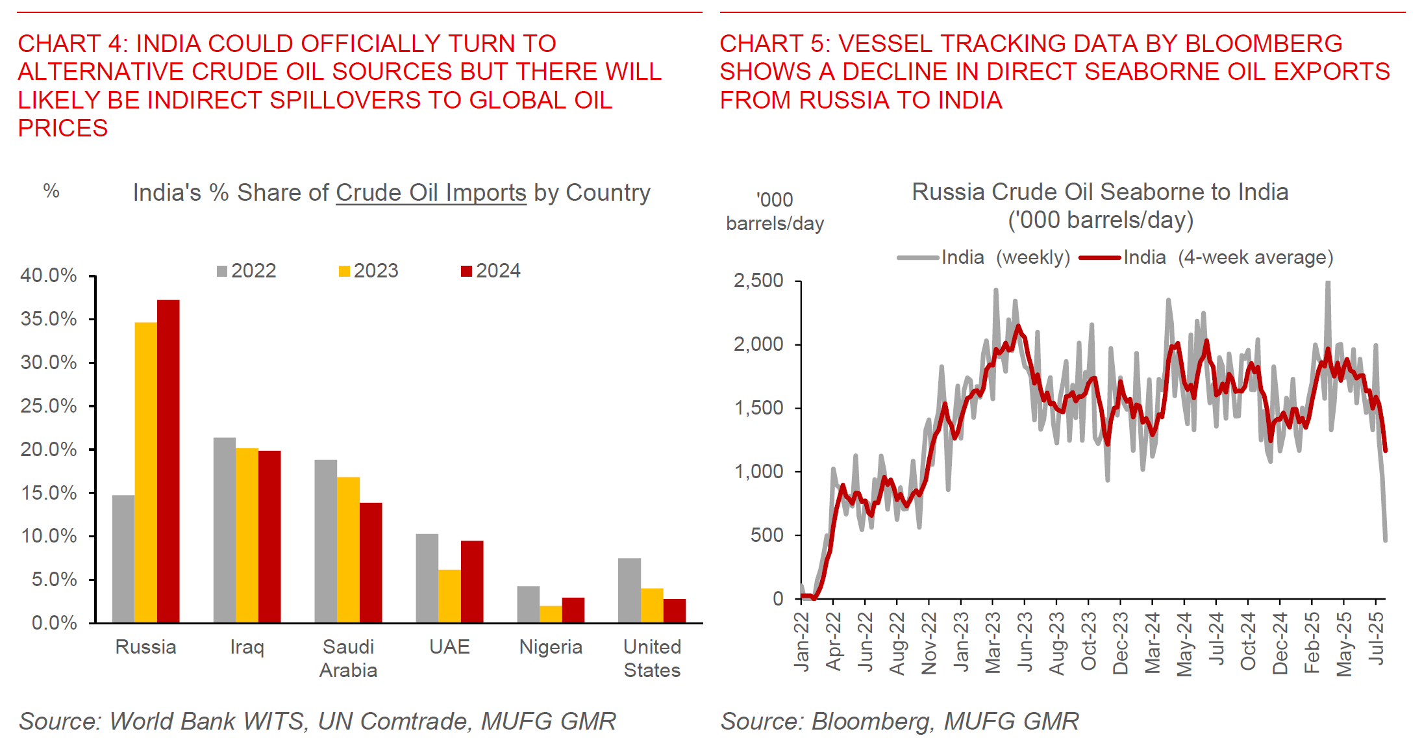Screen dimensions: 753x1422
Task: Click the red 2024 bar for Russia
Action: (168, 461)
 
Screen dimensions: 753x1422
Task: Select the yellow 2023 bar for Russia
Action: (145, 472)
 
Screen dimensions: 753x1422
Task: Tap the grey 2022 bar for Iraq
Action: (225, 530)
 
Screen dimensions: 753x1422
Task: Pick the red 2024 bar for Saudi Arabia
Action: (371, 563)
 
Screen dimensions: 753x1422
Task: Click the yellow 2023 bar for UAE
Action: (449, 596)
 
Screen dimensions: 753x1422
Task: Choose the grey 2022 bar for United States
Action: (629, 591)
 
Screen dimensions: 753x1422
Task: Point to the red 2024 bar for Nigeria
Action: (573, 610)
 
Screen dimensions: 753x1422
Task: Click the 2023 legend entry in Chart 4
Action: (368, 271)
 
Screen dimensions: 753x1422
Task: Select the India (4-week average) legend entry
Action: (1206, 258)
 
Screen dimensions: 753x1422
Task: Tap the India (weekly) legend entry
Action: (984, 258)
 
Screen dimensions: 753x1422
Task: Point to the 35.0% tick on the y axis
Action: (49, 319)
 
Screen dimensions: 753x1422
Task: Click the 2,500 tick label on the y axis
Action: (758, 281)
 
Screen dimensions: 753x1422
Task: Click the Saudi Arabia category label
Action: (348, 658)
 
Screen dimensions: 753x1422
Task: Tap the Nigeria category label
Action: (551, 647)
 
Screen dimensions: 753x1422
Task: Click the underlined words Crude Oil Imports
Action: (430, 193)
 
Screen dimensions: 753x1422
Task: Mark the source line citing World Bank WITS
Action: (317, 721)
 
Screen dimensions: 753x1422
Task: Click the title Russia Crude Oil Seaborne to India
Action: (1100, 192)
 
